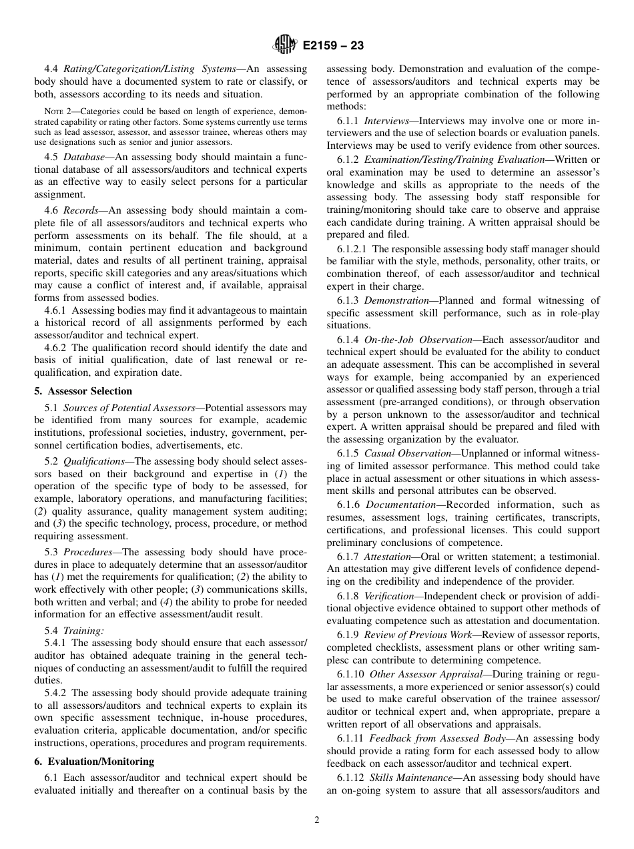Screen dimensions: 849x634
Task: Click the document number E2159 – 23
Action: [333, 45]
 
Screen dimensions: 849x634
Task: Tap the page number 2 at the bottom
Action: [317, 820]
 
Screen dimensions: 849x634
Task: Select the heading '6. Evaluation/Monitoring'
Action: [94, 762]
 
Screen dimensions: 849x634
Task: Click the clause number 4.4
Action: [52, 69]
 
